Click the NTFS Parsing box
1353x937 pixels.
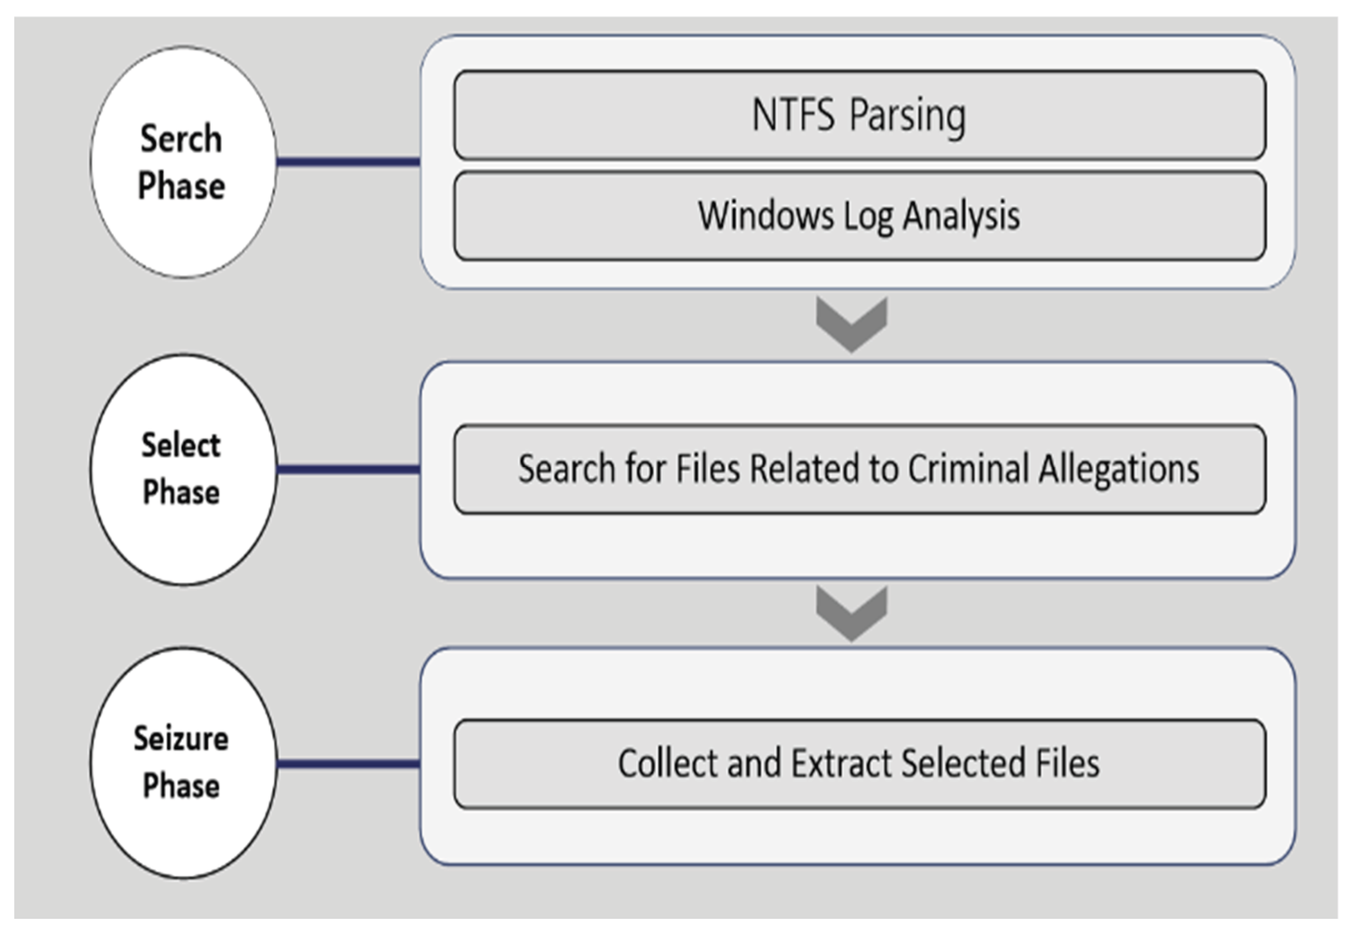pyautogui.click(x=859, y=115)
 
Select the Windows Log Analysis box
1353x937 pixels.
pyautogui.click(x=859, y=216)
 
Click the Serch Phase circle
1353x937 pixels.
pyautogui.click(x=183, y=162)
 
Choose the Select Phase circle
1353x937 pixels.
pyautogui.click(x=183, y=470)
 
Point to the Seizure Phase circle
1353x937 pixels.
pyautogui.click(x=183, y=763)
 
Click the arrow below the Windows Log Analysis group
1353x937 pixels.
pyautogui.click(x=851, y=325)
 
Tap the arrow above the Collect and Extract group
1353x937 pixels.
pyautogui.click(x=851, y=613)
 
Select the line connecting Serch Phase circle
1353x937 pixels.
pyautogui.click(x=349, y=162)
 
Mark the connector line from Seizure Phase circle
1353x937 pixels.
pyautogui.click(x=349, y=764)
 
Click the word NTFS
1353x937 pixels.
pyautogui.click(x=793, y=115)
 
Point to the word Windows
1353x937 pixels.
pyautogui.click(x=765, y=216)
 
